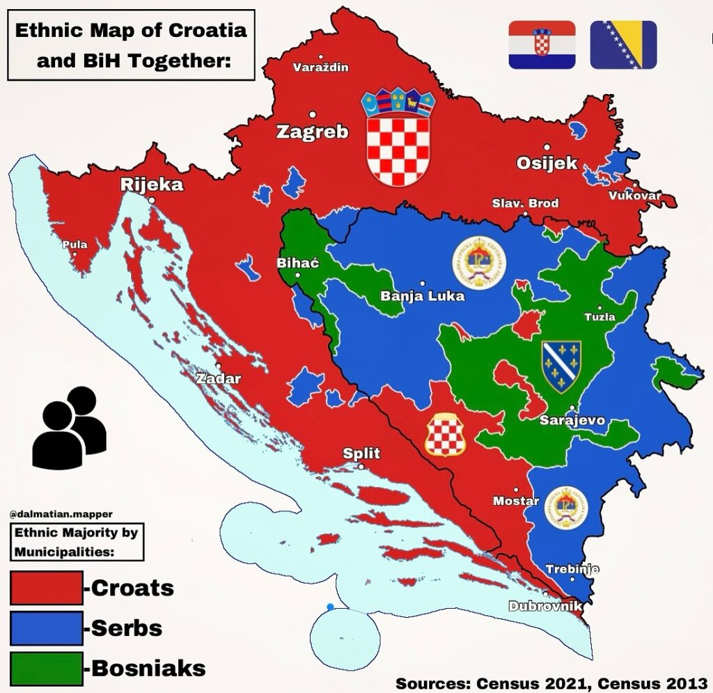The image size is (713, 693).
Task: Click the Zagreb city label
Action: pyautogui.click(x=312, y=132)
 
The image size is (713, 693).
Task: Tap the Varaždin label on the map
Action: pyautogui.click(x=320, y=68)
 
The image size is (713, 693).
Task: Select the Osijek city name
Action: pyautogui.click(x=547, y=163)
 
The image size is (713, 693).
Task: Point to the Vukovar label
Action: pyautogui.click(x=634, y=196)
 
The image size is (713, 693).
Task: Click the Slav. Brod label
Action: pyautogui.click(x=525, y=203)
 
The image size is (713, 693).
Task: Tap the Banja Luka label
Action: pyautogui.click(x=422, y=296)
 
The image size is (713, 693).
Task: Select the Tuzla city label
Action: pyautogui.click(x=600, y=316)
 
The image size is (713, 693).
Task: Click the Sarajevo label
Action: pyautogui.click(x=572, y=421)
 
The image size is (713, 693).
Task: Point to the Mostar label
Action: pyautogui.click(x=516, y=501)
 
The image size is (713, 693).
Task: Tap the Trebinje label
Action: pyautogui.click(x=572, y=569)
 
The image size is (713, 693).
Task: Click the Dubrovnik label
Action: pyautogui.click(x=545, y=606)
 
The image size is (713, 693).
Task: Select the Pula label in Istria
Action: pyautogui.click(x=75, y=244)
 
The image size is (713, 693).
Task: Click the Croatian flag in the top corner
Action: pyautogui.click(x=542, y=45)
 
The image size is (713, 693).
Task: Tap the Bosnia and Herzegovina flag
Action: pyautogui.click(x=623, y=45)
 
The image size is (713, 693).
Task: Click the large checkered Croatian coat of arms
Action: pyautogui.click(x=398, y=139)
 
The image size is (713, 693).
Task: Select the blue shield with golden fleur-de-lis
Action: pyautogui.click(x=561, y=366)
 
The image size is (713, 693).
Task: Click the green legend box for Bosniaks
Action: pyautogui.click(x=46, y=667)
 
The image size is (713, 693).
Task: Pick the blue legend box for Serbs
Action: pyautogui.click(x=46, y=628)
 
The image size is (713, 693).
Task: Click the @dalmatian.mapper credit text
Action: pyautogui.click(x=61, y=514)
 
